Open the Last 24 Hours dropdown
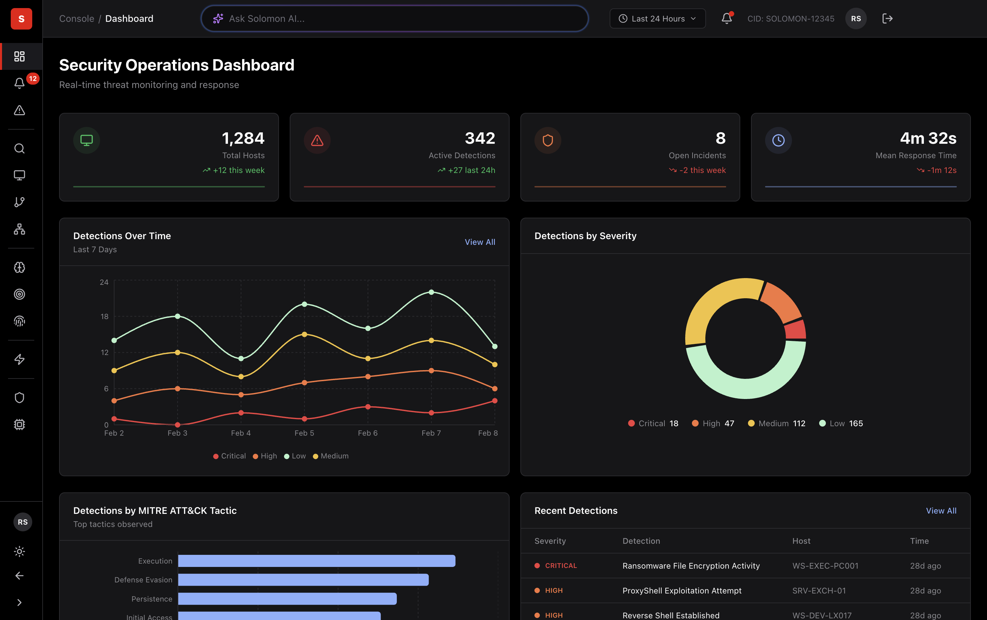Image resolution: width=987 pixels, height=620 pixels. (x=657, y=18)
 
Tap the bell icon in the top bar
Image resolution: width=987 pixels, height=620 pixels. (x=726, y=18)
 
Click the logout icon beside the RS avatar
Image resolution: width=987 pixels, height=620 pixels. (x=887, y=18)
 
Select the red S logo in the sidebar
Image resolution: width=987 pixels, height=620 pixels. (x=21, y=18)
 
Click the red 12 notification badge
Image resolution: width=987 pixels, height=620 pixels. (x=33, y=78)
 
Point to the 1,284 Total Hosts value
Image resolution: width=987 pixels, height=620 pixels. (x=243, y=138)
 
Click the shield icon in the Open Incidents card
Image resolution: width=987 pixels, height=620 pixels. (x=548, y=140)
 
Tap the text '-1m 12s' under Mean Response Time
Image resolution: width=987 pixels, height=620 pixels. (x=941, y=170)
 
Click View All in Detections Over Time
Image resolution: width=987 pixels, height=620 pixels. (x=479, y=242)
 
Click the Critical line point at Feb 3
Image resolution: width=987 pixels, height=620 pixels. (x=178, y=425)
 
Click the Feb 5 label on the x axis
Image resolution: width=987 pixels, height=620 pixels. (x=304, y=433)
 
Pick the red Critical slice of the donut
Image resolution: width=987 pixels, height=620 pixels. (x=796, y=330)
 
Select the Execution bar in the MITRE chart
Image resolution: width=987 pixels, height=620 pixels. (x=317, y=561)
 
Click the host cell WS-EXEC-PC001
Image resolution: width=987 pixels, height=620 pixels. (x=825, y=566)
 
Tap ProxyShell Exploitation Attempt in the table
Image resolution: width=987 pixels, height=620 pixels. (x=681, y=590)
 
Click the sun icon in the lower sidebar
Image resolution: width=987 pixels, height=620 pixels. (x=19, y=551)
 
